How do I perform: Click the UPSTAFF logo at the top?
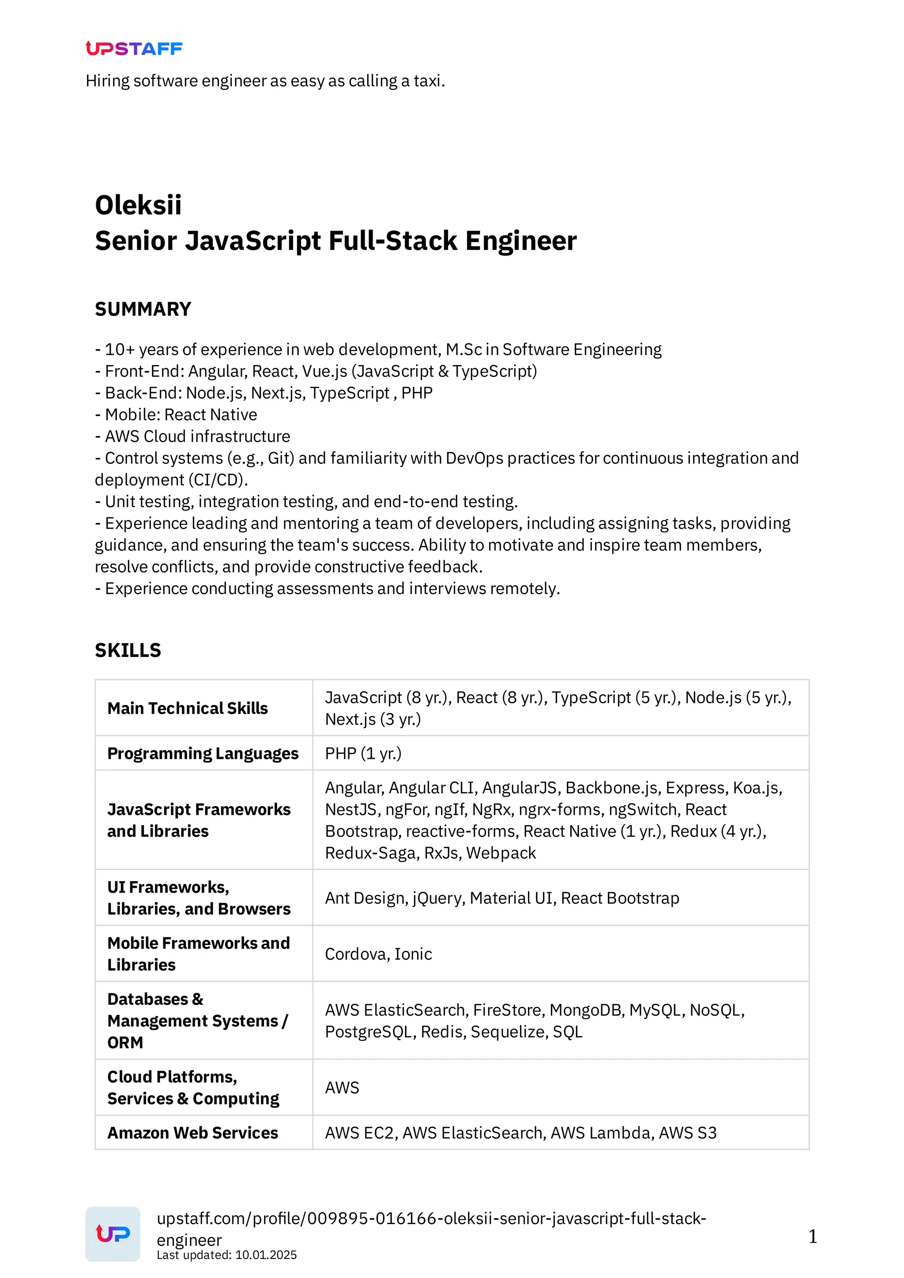134,49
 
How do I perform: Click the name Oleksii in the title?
138,205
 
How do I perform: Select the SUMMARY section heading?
143,309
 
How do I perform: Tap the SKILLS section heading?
128,650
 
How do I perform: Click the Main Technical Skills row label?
188,708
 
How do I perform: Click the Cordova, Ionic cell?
379,954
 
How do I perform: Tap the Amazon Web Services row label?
192,1133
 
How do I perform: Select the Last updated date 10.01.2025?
266,1255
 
